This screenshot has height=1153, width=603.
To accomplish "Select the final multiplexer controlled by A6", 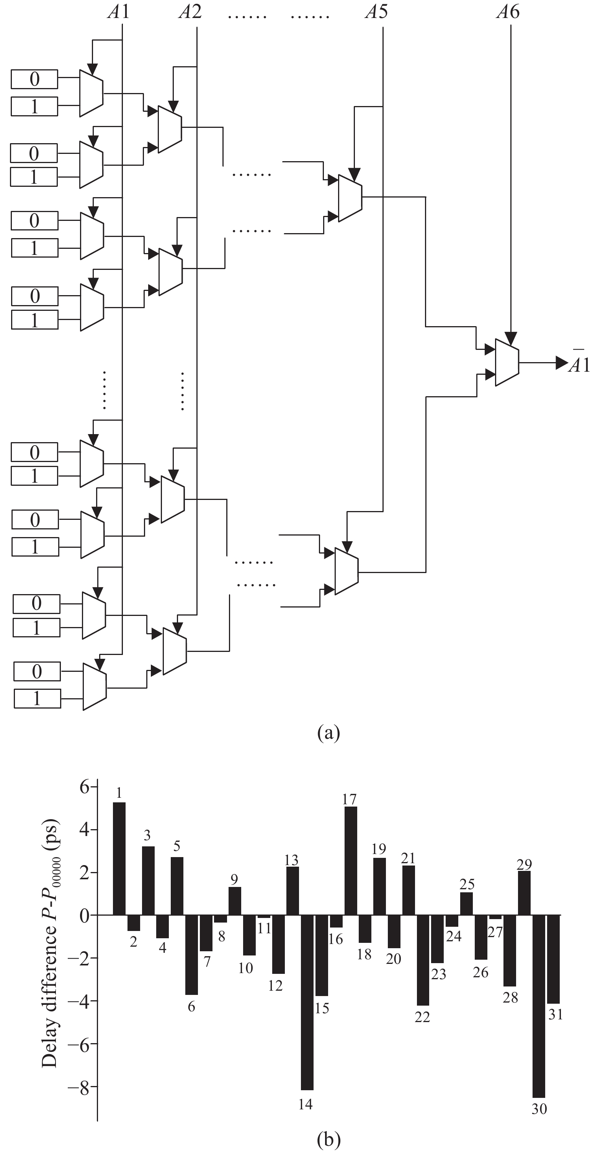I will pyautogui.click(x=507, y=362).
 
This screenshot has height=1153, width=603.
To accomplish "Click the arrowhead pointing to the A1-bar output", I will pyautogui.click(x=562, y=363).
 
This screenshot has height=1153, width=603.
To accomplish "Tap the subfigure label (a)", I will pyautogui.click(x=328, y=733).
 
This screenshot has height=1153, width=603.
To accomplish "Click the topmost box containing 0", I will pyautogui.click(x=34, y=79).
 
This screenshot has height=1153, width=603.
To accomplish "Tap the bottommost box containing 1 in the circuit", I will pyautogui.click(x=37, y=698).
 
